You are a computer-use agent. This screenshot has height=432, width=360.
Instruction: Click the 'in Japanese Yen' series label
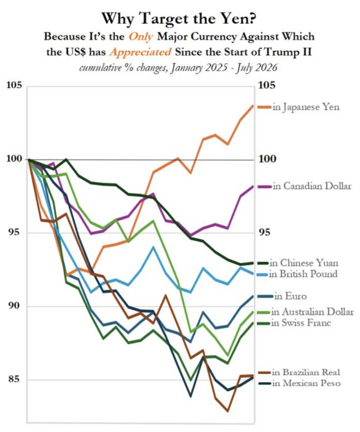point(306,107)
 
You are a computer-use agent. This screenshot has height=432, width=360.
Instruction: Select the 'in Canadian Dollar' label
point(312,186)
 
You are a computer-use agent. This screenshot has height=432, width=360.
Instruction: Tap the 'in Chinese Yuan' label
point(304,263)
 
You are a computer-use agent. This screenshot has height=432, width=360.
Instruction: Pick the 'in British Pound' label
point(303,274)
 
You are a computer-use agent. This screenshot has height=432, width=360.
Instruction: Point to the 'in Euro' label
point(290,296)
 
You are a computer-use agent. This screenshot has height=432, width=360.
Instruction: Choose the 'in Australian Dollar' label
point(313,311)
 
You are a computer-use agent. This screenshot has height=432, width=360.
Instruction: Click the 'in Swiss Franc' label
point(301,323)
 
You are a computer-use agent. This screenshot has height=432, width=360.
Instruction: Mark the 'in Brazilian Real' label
point(306,372)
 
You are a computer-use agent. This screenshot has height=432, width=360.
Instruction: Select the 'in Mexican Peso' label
point(306,383)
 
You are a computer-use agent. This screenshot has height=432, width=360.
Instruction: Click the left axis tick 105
point(14,85)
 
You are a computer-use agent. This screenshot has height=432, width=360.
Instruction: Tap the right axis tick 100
point(267,159)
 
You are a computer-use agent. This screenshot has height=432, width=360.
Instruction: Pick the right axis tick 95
point(265,233)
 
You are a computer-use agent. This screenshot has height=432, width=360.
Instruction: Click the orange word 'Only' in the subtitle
point(141,37)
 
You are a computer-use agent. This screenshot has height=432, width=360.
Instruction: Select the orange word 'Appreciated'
point(140,52)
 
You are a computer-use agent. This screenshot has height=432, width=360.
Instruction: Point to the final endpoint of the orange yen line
point(253,105)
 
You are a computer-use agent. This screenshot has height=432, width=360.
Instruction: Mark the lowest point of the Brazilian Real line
point(227,411)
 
